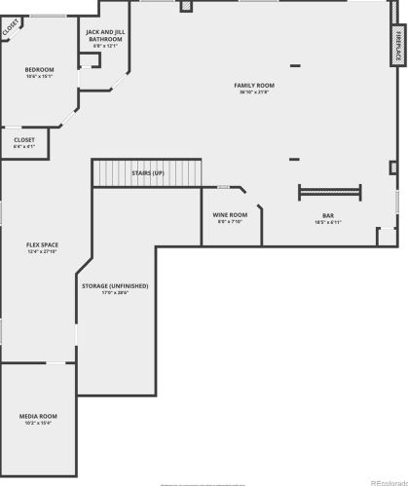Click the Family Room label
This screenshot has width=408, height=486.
(x=254, y=86)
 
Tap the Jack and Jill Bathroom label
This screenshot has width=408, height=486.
(x=104, y=36)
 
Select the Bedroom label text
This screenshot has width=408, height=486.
(x=39, y=69)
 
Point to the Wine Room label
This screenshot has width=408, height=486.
(x=231, y=214)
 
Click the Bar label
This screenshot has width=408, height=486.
(x=328, y=215)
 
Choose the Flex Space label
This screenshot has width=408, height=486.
(x=41, y=244)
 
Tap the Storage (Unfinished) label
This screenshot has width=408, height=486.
(x=115, y=285)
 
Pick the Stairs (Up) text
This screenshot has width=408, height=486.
(x=148, y=172)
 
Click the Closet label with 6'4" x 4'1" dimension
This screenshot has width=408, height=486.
(x=24, y=140)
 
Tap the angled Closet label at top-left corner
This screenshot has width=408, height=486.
(x=10, y=27)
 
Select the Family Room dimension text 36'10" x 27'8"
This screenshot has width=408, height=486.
(x=254, y=93)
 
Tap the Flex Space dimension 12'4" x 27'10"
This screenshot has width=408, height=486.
(x=41, y=251)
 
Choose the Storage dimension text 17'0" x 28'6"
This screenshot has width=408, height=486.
(x=115, y=292)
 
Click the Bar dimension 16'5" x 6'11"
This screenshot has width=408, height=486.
(x=328, y=222)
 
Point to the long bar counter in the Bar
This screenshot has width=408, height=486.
(x=330, y=189)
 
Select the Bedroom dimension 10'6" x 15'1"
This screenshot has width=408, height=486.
(x=39, y=76)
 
